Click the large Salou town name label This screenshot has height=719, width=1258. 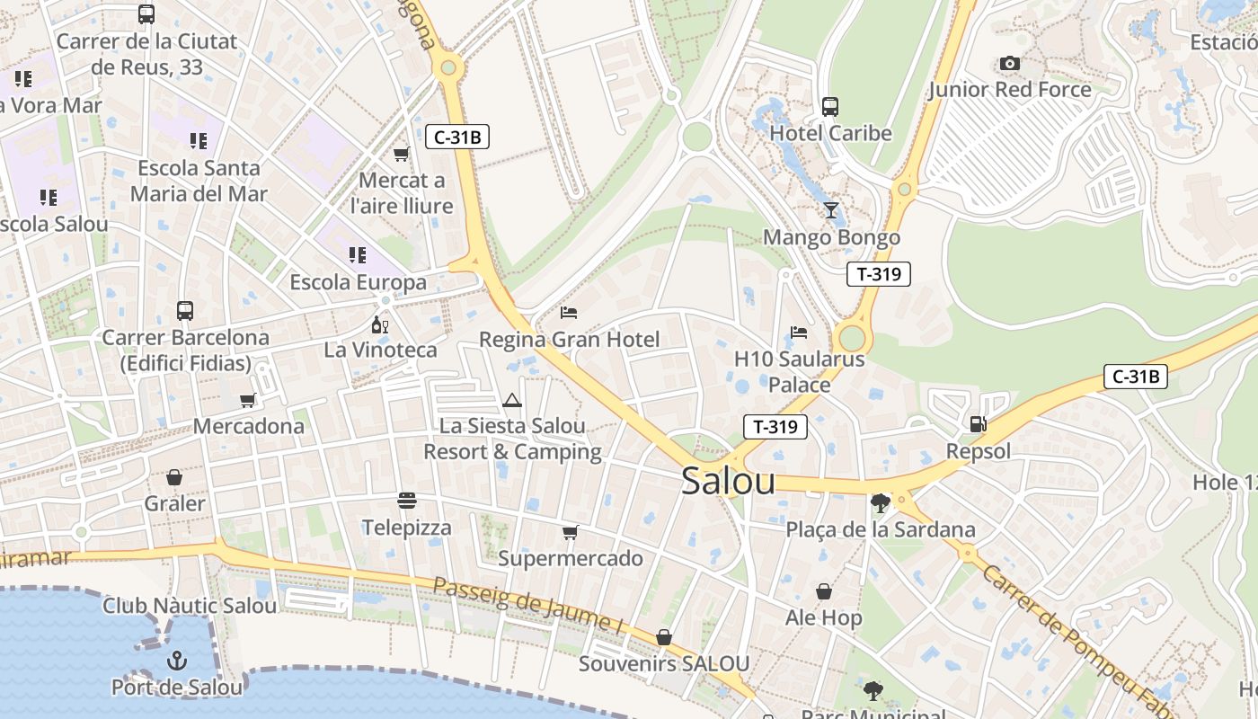pos(728,481)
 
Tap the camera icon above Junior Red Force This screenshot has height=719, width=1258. pos(1010,63)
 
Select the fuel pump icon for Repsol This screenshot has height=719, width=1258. pos(978,423)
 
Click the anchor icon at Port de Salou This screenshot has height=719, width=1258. pos(176,661)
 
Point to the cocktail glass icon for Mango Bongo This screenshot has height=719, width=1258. pos(831,210)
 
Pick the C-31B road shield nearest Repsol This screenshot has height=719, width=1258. pos(1135,377)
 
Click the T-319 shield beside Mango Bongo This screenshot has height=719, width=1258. pos(878,274)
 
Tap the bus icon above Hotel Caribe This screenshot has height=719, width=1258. pos(830,107)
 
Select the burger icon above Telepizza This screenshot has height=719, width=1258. pos(407,500)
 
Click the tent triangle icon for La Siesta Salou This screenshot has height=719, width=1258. pos(512,400)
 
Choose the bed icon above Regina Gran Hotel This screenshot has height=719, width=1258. pos(569,313)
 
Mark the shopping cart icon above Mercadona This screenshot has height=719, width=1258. pos(248,400)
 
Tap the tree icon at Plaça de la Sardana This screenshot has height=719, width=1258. pos(881,503)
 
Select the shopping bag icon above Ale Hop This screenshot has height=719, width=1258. pos(824,591)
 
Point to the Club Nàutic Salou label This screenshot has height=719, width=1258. pos(190,606)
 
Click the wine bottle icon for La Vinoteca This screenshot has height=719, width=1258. pos(380,324)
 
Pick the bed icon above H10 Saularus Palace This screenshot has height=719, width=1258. pos(799,333)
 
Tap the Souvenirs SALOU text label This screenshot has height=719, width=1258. pos(663,664)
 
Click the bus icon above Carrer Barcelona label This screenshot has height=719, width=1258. pos(185,311)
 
